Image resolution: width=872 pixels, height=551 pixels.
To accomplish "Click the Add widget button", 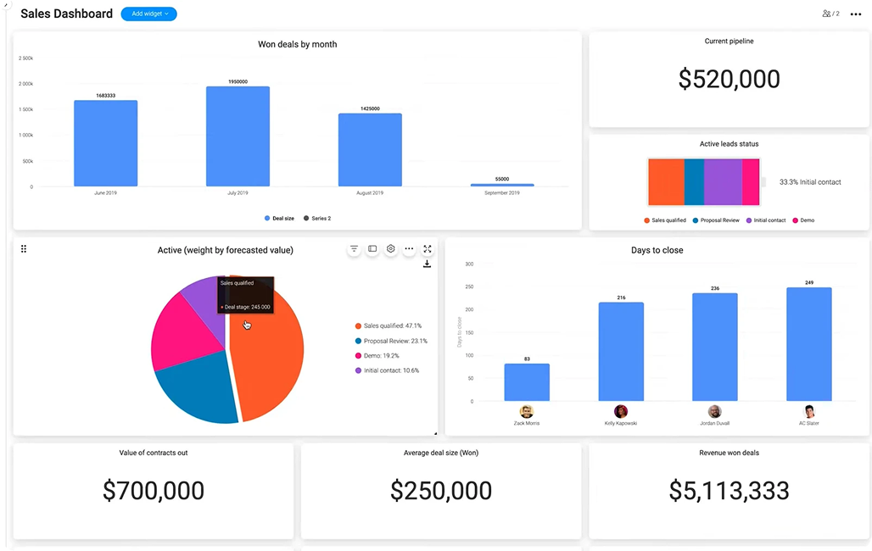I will pyautogui.click(x=148, y=14).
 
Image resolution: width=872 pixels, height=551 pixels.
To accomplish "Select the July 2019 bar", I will pyautogui.click(x=238, y=136).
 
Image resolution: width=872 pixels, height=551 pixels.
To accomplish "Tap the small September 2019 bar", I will pyautogui.click(x=502, y=184).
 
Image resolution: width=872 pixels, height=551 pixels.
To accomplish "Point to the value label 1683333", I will pyautogui.click(x=105, y=96).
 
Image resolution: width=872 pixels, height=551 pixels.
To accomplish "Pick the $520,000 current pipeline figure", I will pyautogui.click(x=729, y=79).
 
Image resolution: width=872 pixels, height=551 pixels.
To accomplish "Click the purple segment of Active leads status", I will pyautogui.click(x=723, y=181).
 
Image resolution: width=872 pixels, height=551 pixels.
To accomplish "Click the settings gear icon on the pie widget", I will pyautogui.click(x=391, y=249).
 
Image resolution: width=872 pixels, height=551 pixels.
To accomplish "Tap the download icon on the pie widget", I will pyautogui.click(x=427, y=264).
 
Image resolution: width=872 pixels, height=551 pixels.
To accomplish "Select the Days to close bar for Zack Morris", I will pyautogui.click(x=527, y=382).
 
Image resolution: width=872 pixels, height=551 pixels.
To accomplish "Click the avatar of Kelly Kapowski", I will pyautogui.click(x=621, y=412).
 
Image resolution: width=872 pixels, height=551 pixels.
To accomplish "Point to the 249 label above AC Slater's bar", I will pyautogui.click(x=808, y=282).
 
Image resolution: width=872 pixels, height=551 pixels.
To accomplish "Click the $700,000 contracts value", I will pyautogui.click(x=154, y=490).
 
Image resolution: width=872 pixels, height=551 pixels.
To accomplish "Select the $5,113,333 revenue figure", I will pyautogui.click(x=729, y=490).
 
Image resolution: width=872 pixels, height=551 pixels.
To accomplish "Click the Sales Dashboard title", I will pyautogui.click(x=66, y=14).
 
